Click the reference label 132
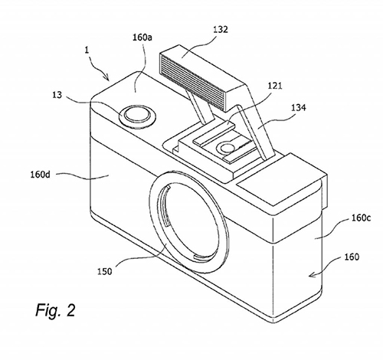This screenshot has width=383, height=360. [x=220, y=30]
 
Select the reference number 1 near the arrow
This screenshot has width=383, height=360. [x=87, y=50]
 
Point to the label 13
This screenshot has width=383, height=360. [x=57, y=95]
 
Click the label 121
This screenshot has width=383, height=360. [x=275, y=86]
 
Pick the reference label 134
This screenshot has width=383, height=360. [x=299, y=107]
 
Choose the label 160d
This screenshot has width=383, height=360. [x=41, y=175]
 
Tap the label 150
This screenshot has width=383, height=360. [x=105, y=271]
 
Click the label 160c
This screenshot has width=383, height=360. [x=361, y=218]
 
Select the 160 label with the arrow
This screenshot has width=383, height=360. [x=352, y=257]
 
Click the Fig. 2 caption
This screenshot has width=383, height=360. [x=55, y=310]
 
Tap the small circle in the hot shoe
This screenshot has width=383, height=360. [x=226, y=148]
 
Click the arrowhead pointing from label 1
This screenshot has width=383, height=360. [x=108, y=78]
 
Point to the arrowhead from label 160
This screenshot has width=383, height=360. [x=312, y=275]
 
